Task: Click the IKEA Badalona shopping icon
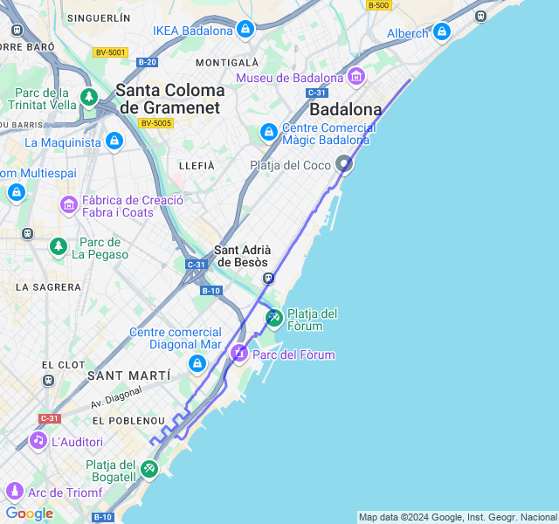[x=245, y=31]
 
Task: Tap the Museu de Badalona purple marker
[x=355, y=78]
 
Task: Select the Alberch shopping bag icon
[x=441, y=33]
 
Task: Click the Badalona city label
[x=346, y=109]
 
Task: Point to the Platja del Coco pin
[x=345, y=163]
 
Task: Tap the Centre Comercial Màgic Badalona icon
[x=269, y=133]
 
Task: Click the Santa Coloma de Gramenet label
[x=170, y=98]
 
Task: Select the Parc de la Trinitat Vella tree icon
[x=88, y=97]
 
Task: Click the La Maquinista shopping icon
[x=114, y=141]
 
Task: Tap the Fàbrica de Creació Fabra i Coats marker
[x=69, y=205]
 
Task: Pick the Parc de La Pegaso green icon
[x=59, y=247]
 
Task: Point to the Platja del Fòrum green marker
[x=273, y=318]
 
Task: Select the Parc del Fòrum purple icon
[x=238, y=354]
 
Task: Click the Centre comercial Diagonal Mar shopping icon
[x=197, y=363]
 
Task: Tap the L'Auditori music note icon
[x=38, y=441]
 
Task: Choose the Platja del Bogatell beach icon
[x=149, y=469]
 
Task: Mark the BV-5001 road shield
[x=111, y=52]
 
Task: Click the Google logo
[x=29, y=513]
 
